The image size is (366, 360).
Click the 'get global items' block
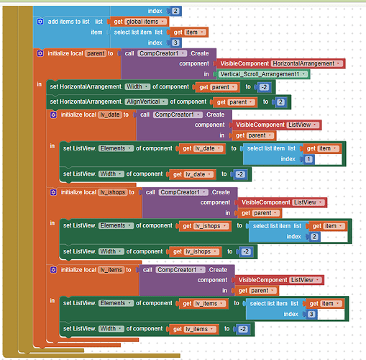[x=139, y=22]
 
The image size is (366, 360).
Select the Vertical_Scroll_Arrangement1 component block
[x=263, y=74]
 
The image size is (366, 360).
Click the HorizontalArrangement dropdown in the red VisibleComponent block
[x=306, y=63]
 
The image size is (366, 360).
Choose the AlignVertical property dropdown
[x=146, y=102]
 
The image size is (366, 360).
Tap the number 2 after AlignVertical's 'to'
[x=280, y=102]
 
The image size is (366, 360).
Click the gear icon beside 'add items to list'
[x=40, y=22]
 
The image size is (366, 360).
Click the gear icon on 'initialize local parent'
[x=40, y=53]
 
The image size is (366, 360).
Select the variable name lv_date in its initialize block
[x=110, y=114]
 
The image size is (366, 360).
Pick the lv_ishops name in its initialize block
[x=112, y=192]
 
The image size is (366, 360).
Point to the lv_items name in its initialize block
[x=111, y=270]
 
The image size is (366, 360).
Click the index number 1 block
[x=308, y=159]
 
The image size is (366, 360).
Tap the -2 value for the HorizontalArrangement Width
[x=264, y=87]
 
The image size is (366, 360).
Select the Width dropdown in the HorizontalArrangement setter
[x=137, y=86]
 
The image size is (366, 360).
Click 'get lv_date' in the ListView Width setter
[x=192, y=174]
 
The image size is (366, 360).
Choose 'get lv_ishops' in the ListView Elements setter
[x=205, y=226]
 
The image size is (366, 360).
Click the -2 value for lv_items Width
[x=243, y=329]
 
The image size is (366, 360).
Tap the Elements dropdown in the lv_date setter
[x=116, y=148]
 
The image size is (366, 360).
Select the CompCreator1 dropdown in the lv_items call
[x=180, y=270]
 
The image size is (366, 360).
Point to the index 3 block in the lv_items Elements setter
[x=311, y=314]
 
